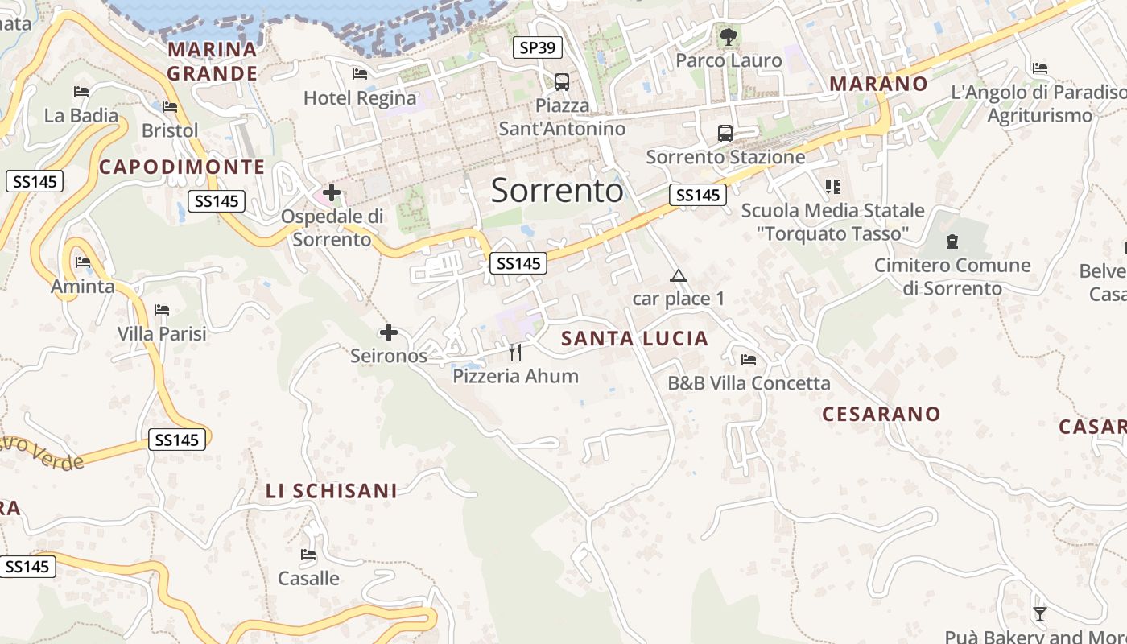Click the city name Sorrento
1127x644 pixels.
click(x=557, y=190)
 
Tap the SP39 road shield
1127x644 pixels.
click(x=537, y=47)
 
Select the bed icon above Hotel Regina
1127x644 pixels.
click(x=360, y=74)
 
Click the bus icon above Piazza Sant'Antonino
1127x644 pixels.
click(x=562, y=81)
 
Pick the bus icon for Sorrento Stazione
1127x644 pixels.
click(x=725, y=133)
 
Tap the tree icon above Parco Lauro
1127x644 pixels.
click(x=729, y=36)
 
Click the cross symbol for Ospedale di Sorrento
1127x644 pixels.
click(x=331, y=192)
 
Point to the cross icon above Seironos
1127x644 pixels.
click(x=389, y=332)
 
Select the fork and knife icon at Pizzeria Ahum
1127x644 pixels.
click(x=515, y=352)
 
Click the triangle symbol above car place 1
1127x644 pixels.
click(x=679, y=276)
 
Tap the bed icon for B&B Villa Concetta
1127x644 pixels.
click(x=749, y=359)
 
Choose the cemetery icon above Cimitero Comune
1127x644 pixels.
click(x=953, y=241)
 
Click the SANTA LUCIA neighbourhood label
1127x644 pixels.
click(x=635, y=338)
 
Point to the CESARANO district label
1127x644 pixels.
click(x=881, y=414)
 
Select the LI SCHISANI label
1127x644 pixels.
click(x=332, y=490)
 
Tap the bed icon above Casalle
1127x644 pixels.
click(x=308, y=555)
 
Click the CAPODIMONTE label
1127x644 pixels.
click(x=182, y=167)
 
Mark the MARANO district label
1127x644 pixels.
click(x=879, y=84)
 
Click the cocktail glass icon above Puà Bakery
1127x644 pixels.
click(x=1040, y=614)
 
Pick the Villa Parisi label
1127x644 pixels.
click(x=162, y=333)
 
